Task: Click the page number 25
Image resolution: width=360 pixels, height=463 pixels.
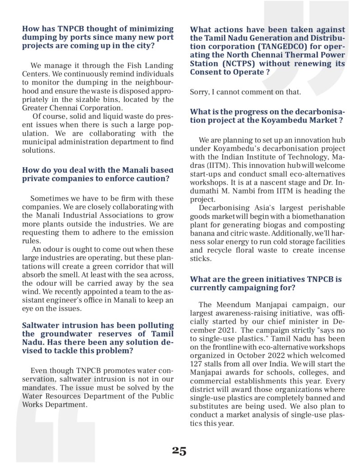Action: pos(179,451)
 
